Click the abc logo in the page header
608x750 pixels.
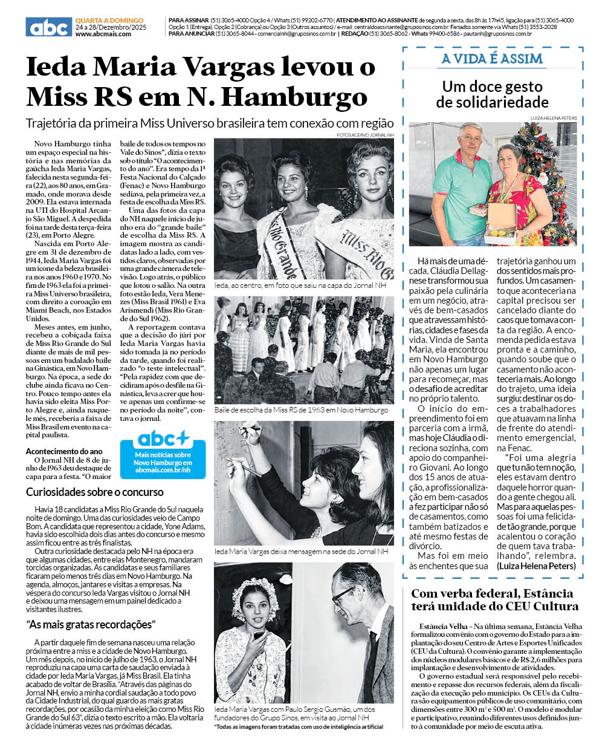click(x=48, y=27)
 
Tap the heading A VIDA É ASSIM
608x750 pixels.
click(x=492, y=59)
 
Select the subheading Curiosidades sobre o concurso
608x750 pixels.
click(x=94, y=492)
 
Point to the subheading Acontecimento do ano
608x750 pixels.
click(x=64, y=451)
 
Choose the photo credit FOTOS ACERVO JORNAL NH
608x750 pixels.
click(x=365, y=135)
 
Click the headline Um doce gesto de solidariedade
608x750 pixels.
click(x=492, y=94)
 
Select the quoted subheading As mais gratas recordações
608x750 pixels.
click(x=91, y=624)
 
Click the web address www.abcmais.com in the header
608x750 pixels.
click(x=103, y=34)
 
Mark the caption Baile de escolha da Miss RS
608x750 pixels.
click(x=301, y=410)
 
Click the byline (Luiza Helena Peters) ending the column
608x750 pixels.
click(x=536, y=566)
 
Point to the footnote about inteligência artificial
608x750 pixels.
click(x=299, y=726)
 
